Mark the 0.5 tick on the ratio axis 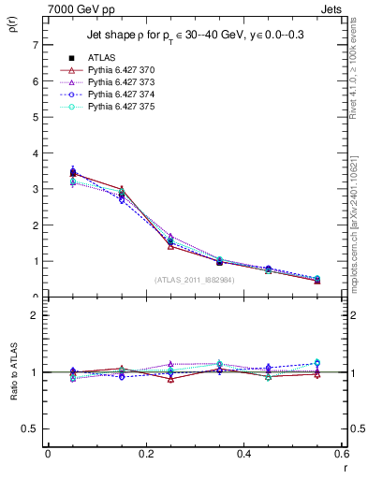click(x=30, y=428)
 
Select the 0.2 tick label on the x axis click(x=145, y=454)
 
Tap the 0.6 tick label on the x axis click(x=341, y=454)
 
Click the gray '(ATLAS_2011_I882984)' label click(x=195, y=279)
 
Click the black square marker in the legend click(x=71, y=57)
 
